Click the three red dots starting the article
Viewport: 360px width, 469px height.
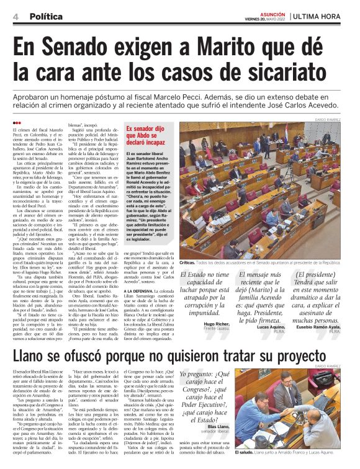pos(17,122)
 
